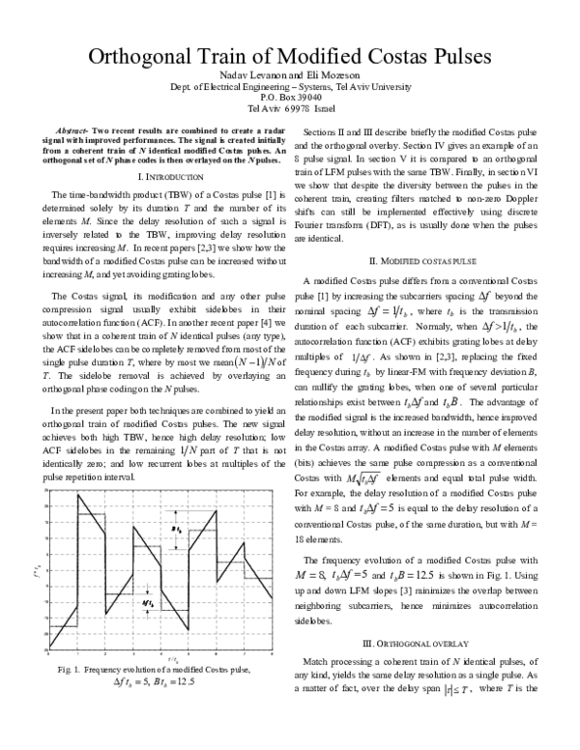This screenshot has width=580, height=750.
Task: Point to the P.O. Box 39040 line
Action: coord(290,98)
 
